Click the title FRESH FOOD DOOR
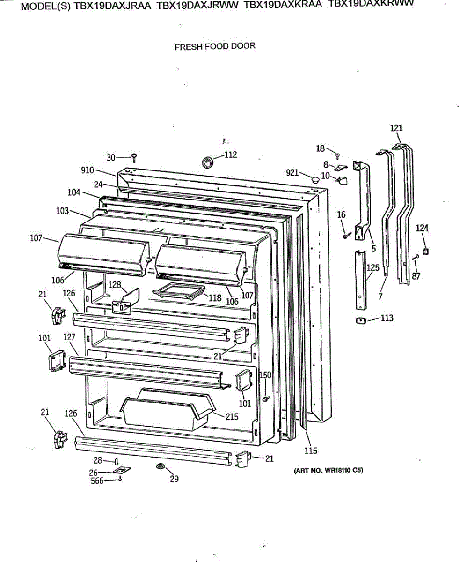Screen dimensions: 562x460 coord(215,46)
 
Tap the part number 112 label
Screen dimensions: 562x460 coord(231,155)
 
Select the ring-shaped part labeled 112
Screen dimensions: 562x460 coord(207,162)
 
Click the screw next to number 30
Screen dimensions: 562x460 coord(134,157)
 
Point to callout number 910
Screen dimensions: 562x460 coord(88,170)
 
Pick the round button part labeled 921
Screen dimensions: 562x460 coord(315,179)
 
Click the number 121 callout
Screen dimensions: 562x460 coord(396,128)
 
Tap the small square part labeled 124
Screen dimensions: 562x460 coord(425,251)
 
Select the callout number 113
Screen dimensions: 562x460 coord(387,318)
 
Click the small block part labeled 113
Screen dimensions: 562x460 coord(361,321)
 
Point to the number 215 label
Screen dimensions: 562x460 coord(232,416)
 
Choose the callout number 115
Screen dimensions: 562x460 coord(311,451)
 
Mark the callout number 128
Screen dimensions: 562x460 coord(115,284)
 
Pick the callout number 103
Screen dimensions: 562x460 coord(63,211)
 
